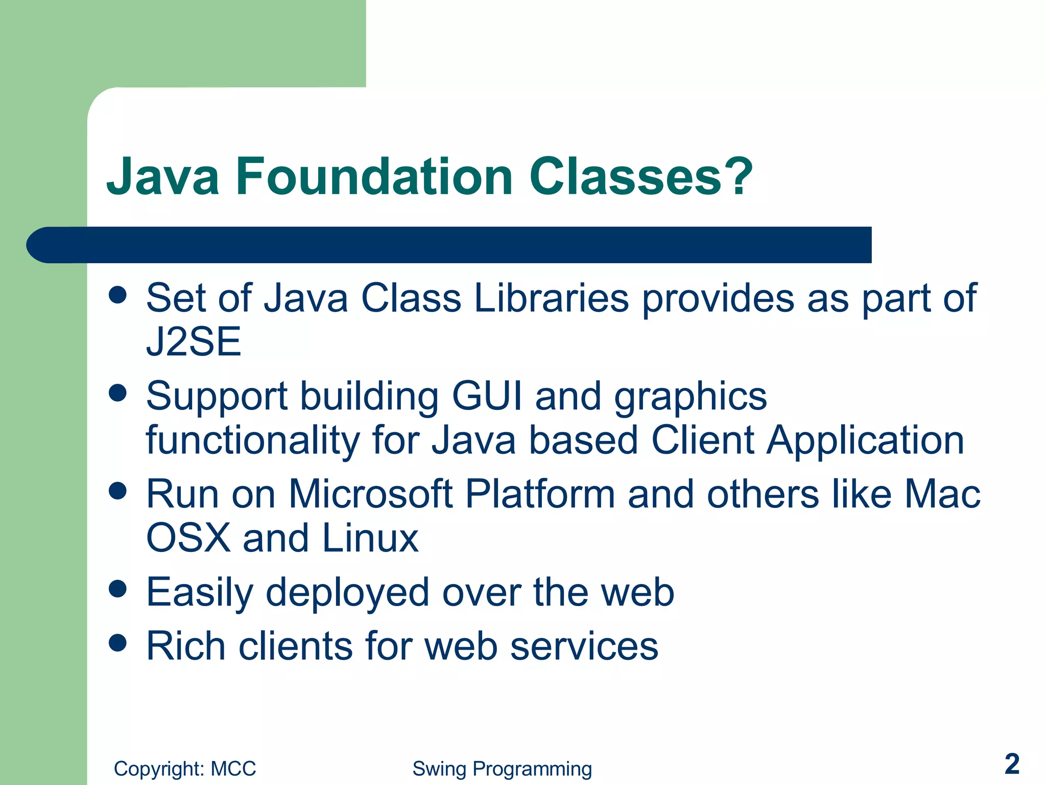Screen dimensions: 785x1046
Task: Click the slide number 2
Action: (x=1011, y=764)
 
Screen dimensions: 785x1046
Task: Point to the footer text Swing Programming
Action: (x=502, y=769)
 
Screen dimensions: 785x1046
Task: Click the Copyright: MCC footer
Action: (x=185, y=769)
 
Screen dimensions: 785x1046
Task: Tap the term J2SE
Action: (x=194, y=342)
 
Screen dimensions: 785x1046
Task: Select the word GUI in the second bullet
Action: (x=487, y=396)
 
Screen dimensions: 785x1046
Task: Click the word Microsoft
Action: (x=371, y=494)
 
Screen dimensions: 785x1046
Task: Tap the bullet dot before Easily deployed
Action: (x=118, y=588)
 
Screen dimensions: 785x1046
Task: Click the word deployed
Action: (x=347, y=593)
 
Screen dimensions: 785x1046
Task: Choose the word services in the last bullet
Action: (x=584, y=647)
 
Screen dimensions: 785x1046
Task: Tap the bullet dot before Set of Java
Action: (x=118, y=294)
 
